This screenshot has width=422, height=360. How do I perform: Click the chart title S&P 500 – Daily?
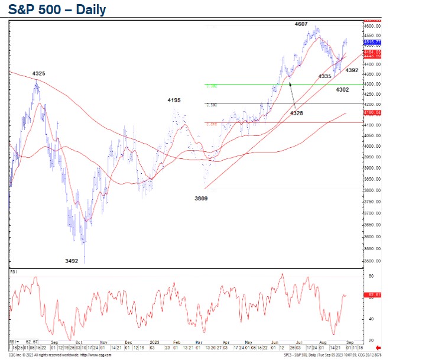(x=57, y=10)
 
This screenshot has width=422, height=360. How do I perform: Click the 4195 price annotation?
(x=174, y=100)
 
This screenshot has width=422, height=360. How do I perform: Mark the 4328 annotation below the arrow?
(x=297, y=112)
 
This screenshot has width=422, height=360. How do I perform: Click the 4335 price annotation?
(x=324, y=76)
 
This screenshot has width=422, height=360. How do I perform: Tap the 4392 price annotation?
(x=352, y=70)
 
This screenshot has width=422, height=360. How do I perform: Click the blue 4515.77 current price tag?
(x=372, y=43)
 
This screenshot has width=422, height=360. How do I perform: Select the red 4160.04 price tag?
(x=372, y=112)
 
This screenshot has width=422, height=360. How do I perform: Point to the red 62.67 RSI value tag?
(x=374, y=294)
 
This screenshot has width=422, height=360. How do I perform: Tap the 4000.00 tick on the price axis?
(x=372, y=147)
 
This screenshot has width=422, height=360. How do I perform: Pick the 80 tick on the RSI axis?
(x=370, y=276)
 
